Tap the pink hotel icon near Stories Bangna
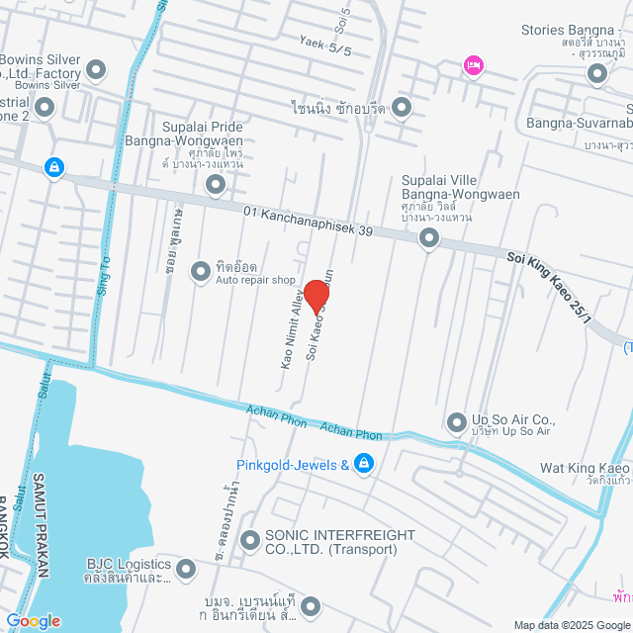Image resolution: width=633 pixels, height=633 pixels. click(x=473, y=66)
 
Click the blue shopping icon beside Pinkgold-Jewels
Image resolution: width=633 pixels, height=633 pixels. click(x=364, y=464)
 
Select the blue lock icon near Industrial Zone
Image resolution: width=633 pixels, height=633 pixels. click(x=53, y=169)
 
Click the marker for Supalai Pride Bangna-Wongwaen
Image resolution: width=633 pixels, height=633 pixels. click(x=216, y=184)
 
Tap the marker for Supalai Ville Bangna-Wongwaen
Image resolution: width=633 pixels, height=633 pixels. click(x=429, y=237)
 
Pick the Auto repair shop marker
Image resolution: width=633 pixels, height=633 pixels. click(x=201, y=268)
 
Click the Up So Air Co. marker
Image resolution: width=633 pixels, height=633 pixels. click(x=456, y=423)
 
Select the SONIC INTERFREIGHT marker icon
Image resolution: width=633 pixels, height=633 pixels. click(x=249, y=540)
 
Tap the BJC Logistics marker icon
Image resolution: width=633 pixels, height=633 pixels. click(x=187, y=568)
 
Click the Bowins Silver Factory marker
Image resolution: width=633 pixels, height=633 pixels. click(x=96, y=69)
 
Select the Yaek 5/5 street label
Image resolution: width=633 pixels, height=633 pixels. click(x=325, y=45)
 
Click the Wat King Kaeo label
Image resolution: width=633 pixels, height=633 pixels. click(x=586, y=468)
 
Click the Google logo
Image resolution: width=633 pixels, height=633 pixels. click(x=32, y=621)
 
